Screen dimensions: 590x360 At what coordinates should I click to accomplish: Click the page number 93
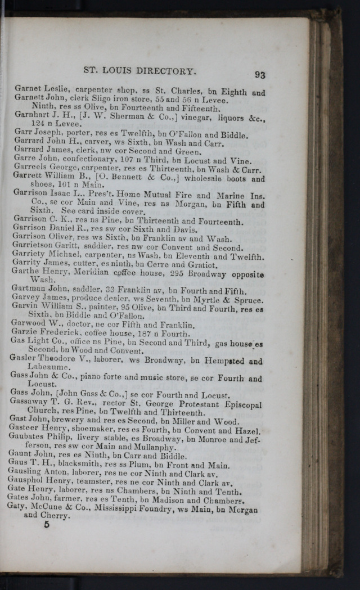(x=259, y=74)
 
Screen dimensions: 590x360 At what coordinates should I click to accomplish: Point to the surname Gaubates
(x=30, y=439)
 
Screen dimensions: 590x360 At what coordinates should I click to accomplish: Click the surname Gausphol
(x=29, y=483)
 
